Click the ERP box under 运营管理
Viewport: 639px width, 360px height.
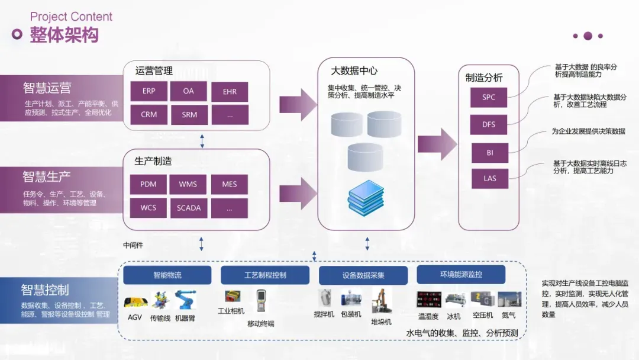149,91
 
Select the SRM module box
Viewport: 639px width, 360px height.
189,114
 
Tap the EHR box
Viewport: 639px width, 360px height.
230,92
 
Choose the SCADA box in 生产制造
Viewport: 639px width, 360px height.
189,208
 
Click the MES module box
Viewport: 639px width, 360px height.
230,184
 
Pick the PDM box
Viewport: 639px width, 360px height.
149,184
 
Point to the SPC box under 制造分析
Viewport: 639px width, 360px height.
489,97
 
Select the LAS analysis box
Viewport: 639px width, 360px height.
489,178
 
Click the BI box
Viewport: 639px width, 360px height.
489,153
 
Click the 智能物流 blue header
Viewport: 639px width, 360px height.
167,275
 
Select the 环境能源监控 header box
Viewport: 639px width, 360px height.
461,275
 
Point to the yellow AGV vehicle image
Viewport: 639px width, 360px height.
136,301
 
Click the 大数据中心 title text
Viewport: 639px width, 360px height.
354,70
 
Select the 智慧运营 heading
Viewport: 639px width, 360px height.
47,88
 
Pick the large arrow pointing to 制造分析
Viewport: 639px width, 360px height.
437,144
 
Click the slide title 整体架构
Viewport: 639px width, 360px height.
64,35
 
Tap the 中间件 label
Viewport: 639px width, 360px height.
133,245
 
